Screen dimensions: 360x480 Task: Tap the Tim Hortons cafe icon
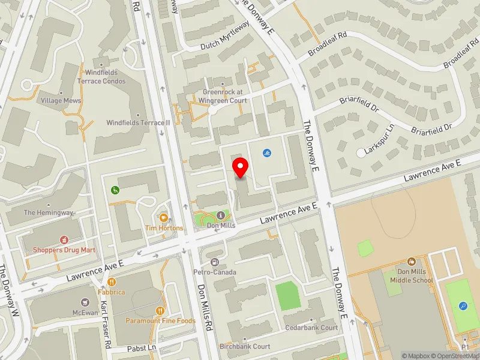coord(163,217)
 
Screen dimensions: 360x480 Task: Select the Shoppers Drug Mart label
coord(64,250)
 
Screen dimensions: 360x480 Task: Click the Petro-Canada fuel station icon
coord(214,262)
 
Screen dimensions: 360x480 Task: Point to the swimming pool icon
coord(266,154)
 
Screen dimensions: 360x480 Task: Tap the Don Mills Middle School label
coord(412,275)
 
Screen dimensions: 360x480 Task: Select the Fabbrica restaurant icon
coord(111,281)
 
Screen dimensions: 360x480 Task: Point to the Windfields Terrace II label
coord(139,122)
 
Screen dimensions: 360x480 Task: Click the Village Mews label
coord(61,101)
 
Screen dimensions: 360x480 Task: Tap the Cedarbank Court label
coord(312,328)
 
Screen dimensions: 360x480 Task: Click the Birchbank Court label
coord(245,346)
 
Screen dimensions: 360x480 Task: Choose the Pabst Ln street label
coord(142,348)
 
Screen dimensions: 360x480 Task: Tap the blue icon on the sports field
coord(463,305)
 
